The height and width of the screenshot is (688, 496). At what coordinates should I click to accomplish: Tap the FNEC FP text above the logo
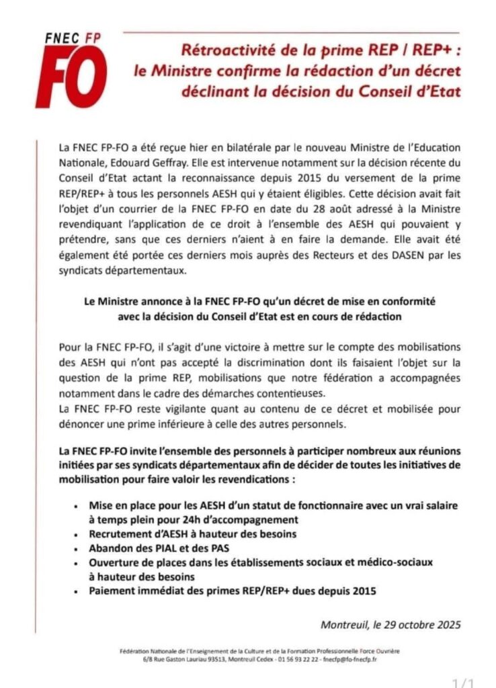[x=67, y=40]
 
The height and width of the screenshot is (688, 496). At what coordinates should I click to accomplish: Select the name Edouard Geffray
[x=150, y=159]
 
